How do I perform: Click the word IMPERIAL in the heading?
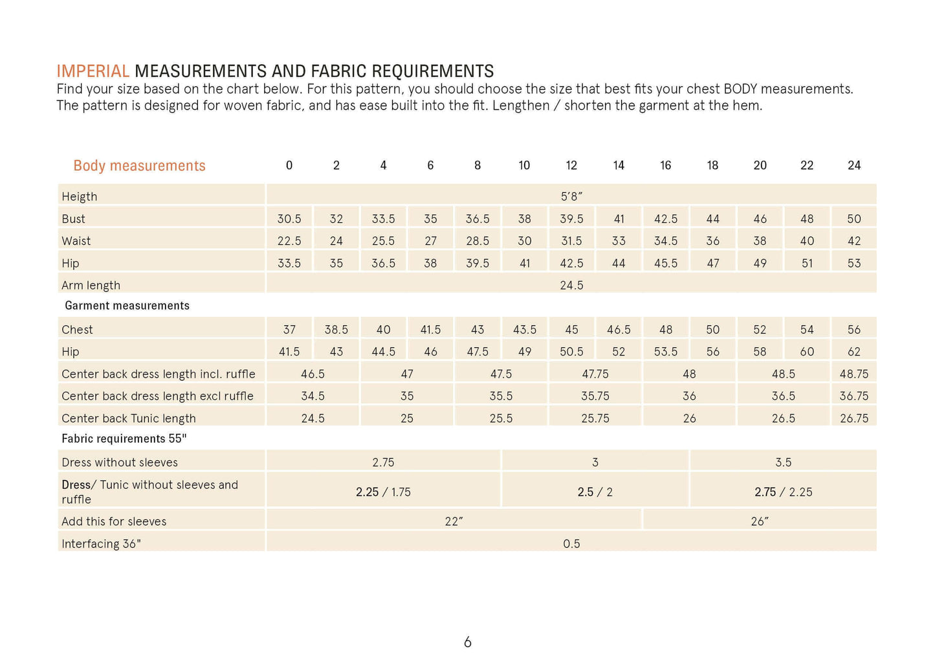tap(93, 71)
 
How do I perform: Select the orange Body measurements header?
tap(139, 166)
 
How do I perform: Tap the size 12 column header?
tap(571, 166)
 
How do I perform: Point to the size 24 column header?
tap(854, 166)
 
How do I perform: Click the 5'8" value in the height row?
tap(571, 196)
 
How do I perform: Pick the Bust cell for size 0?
tap(289, 219)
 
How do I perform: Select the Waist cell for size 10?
tap(524, 241)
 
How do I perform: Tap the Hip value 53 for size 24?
tap(854, 264)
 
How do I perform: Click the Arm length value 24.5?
tap(571, 286)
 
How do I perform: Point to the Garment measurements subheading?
tap(127, 306)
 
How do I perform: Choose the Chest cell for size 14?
tap(619, 330)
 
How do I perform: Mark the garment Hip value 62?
tap(854, 352)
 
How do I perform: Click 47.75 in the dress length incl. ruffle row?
tap(595, 374)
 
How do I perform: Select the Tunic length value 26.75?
tap(854, 418)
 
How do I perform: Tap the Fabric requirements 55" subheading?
tap(124, 438)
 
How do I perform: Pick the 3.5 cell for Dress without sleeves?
tap(783, 462)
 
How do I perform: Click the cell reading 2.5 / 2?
tap(595, 492)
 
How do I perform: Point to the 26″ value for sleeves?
tap(760, 521)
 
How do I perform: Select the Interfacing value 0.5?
tap(571, 544)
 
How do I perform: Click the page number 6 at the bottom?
tap(468, 642)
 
